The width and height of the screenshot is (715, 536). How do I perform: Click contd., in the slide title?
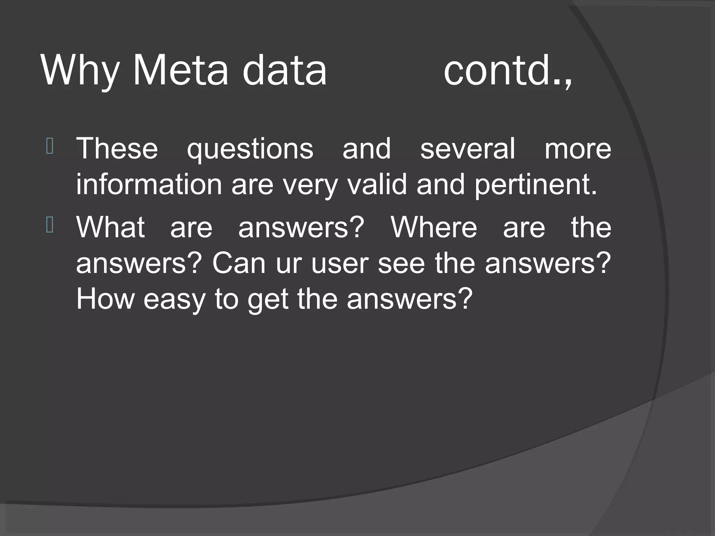[x=508, y=71]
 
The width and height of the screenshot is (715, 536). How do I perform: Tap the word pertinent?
[x=536, y=185]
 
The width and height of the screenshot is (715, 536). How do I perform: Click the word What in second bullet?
[x=110, y=227]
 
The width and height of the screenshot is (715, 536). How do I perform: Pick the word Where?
[x=434, y=227]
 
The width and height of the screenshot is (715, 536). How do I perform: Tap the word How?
[x=105, y=299]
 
